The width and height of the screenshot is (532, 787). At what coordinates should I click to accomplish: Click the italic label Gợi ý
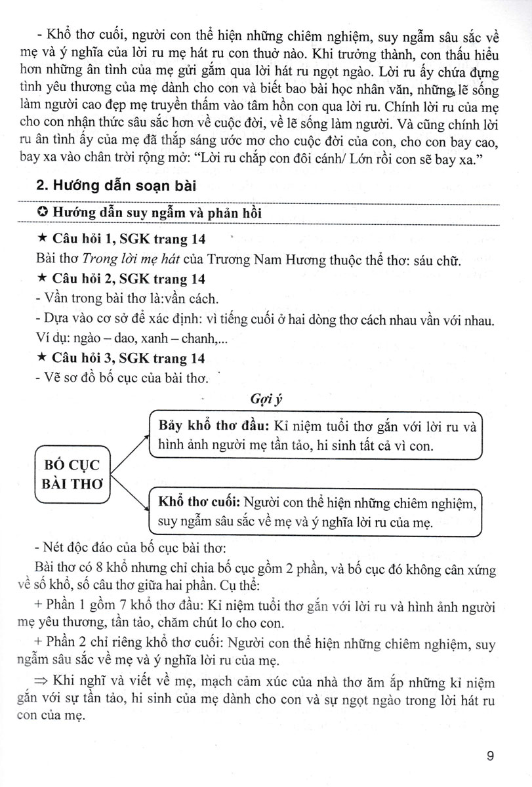click(x=266, y=398)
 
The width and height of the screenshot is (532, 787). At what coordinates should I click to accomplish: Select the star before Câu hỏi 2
click(x=42, y=279)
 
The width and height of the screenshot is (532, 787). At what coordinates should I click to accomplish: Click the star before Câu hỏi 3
click(x=42, y=358)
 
